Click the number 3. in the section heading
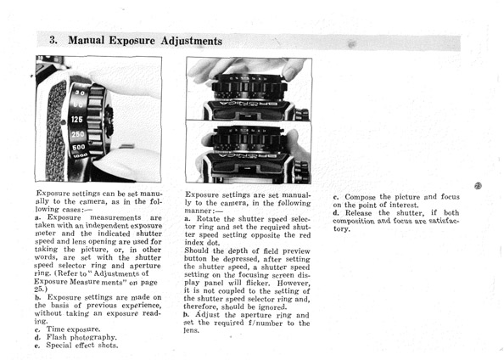(x=53, y=40)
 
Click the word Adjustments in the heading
(x=192, y=42)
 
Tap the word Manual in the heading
(x=87, y=40)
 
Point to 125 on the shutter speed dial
(x=77, y=120)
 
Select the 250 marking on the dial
(x=78, y=134)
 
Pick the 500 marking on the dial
(x=79, y=148)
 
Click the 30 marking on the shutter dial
(x=80, y=93)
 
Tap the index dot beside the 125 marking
(x=64, y=122)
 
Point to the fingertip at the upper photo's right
(x=291, y=73)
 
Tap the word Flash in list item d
(x=57, y=337)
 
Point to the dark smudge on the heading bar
(x=352, y=44)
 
